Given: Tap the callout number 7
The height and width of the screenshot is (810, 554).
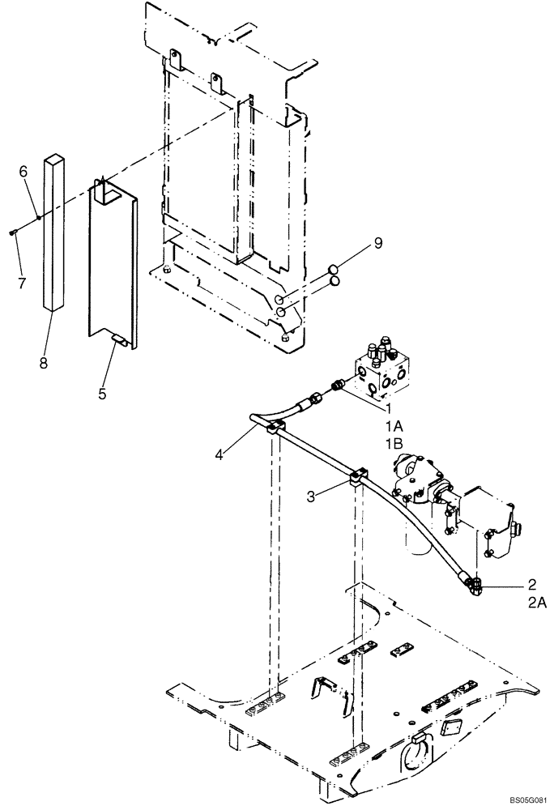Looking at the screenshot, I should click(x=23, y=283).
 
